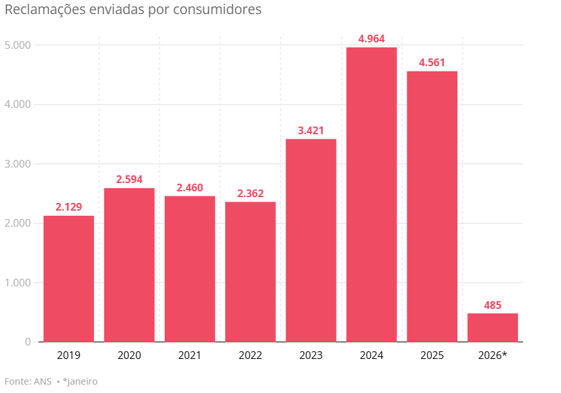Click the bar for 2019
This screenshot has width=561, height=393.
click(69, 279)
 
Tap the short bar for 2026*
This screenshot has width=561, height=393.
click(492, 327)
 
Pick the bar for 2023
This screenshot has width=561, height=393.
click(311, 240)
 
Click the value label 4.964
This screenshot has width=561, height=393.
click(371, 39)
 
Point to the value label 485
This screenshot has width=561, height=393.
click(492, 305)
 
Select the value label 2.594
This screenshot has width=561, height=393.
click(129, 180)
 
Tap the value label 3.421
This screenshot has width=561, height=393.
click(311, 131)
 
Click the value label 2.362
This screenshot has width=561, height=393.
click(250, 194)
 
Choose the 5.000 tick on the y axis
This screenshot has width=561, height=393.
click(17, 45)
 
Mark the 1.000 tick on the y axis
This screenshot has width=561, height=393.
click(17, 283)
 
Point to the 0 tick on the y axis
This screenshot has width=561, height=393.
click(28, 342)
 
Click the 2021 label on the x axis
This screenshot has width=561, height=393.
click(190, 355)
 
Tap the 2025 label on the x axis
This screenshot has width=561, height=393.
click(432, 355)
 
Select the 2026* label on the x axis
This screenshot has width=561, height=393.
click(493, 355)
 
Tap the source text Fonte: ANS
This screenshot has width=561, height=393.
click(26, 381)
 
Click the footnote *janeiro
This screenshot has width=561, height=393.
click(80, 381)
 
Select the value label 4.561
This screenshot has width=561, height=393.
click(432, 63)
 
